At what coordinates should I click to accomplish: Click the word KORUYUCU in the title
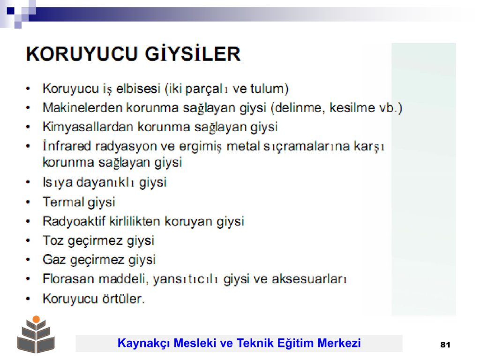coord(82,54)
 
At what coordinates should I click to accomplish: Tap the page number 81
coord(445,345)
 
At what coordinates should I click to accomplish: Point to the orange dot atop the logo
coord(36,319)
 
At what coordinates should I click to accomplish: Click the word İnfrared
coord(67,146)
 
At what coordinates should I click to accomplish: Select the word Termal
coord(63,202)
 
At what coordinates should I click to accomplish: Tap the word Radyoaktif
coord(74,221)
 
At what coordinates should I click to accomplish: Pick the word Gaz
coord(54,260)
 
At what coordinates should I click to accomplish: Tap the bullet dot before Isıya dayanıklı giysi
coord(28,183)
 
